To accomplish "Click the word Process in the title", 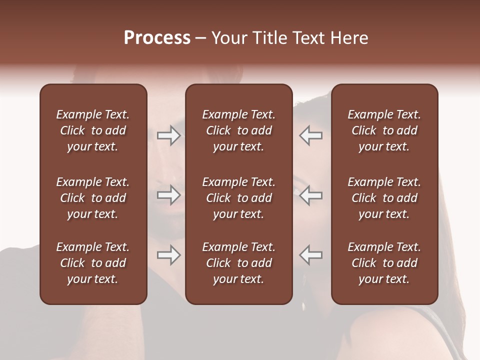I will pos(157,38).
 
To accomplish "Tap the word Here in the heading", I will pos(349,38).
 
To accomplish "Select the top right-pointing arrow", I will pos(168,135).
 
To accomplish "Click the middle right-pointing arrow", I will pos(168,195).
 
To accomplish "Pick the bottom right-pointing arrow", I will pos(168,255).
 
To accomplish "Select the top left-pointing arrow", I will pos(311,135).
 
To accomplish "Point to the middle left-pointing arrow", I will pos(311,195).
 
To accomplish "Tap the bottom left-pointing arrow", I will pos(311,255).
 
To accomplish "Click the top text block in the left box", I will pos(93,130).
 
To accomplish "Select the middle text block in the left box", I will pos(93,198).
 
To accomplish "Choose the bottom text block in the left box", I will pos(93,263).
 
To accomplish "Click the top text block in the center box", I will pos(238,130).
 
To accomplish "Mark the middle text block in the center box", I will pos(238,198).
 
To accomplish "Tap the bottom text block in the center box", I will pos(238,263).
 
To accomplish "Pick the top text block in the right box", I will pos(384,130).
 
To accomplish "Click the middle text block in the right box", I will pos(384,198).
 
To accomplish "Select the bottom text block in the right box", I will pos(384,263).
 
